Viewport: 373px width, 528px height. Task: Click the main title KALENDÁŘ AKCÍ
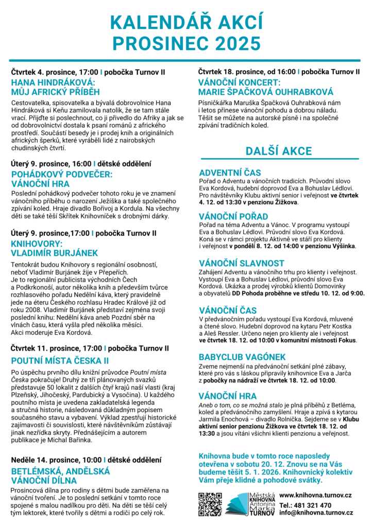(x=186, y=23)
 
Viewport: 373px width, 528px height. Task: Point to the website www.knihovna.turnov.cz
(x=316, y=495)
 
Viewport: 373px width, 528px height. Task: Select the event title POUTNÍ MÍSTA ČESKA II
(x=59, y=360)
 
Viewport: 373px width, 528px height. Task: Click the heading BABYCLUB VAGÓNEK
(x=242, y=357)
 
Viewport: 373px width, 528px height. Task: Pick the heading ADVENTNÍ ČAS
(x=230, y=172)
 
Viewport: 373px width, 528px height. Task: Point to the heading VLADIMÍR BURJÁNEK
(x=54, y=253)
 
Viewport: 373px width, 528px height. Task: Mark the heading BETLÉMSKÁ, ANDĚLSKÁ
(x=60, y=471)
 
